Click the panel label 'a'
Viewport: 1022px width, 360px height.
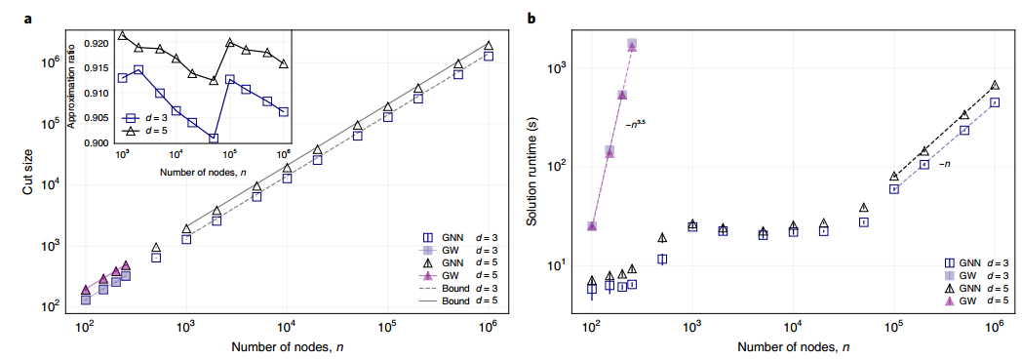pyautogui.click(x=28, y=19)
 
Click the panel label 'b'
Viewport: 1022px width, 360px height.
pyautogui.click(x=531, y=18)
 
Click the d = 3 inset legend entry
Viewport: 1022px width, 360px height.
pyautogui.click(x=143, y=118)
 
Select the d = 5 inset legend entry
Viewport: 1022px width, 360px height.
pyautogui.click(x=143, y=131)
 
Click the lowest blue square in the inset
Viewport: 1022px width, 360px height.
pyautogui.click(x=214, y=139)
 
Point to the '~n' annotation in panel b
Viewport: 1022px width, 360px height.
pyautogui.click(x=944, y=164)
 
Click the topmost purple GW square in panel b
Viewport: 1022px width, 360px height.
pyautogui.click(x=632, y=44)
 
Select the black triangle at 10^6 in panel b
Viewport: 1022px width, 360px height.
pyautogui.click(x=995, y=85)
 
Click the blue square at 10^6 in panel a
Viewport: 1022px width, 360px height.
pyautogui.click(x=489, y=56)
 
